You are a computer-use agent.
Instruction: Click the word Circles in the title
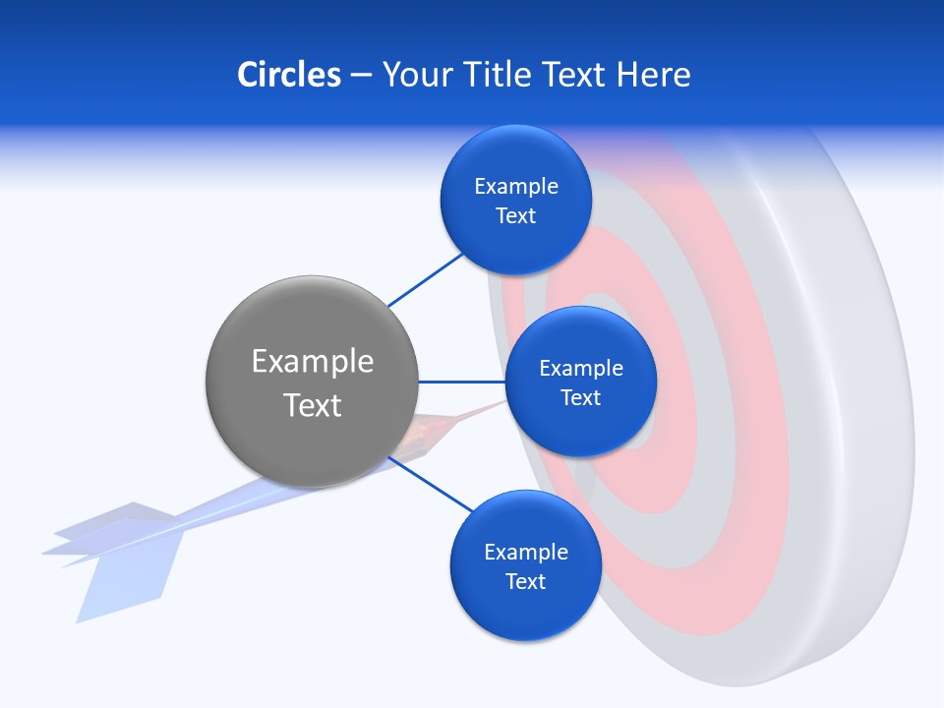288,75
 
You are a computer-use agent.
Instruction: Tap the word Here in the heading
653,75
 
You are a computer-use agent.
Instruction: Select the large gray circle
312,383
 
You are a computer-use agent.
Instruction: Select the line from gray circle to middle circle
461,382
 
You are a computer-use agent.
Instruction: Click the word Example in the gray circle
312,361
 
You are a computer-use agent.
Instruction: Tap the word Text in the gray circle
312,405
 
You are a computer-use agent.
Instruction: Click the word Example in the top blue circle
515,187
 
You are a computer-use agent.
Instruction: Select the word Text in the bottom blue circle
525,581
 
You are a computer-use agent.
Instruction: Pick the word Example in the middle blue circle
580,369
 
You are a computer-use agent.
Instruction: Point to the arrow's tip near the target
497,404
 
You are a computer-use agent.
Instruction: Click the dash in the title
361,76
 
